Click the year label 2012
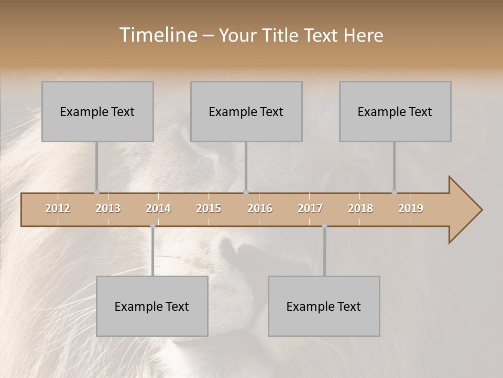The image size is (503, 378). pyautogui.click(x=58, y=208)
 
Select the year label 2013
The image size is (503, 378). pyautogui.click(x=108, y=208)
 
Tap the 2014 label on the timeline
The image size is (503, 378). pyautogui.click(x=158, y=208)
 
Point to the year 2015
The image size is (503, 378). pyautogui.click(x=209, y=208)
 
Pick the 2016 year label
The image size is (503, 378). pyautogui.click(x=260, y=208)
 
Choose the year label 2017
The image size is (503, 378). pyautogui.click(x=310, y=208)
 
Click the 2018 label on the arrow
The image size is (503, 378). pyautogui.click(x=360, y=208)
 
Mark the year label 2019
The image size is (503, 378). pyautogui.click(x=411, y=208)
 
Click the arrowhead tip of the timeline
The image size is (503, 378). pyautogui.click(x=481, y=210)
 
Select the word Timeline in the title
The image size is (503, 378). pyautogui.click(x=157, y=35)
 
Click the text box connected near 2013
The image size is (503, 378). pyautogui.click(x=97, y=111)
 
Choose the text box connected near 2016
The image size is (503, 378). pyautogui.click(x=246, y=111)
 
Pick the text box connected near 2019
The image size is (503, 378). pyautogui.click(x=395, y=111)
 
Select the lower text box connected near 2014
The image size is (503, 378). pyautogui.click(x=152, y=306)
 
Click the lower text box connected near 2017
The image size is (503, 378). pyautogui.click(x=324, y=306)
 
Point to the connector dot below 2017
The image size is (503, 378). pyautogui.click(x=324, y=226)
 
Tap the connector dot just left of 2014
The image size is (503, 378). pyautogui.click(x=152, y=226)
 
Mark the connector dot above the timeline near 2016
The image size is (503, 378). pyautogui.click(x=246, y=192)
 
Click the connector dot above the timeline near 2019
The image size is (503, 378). pyautogui.click(x=395, y=192)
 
